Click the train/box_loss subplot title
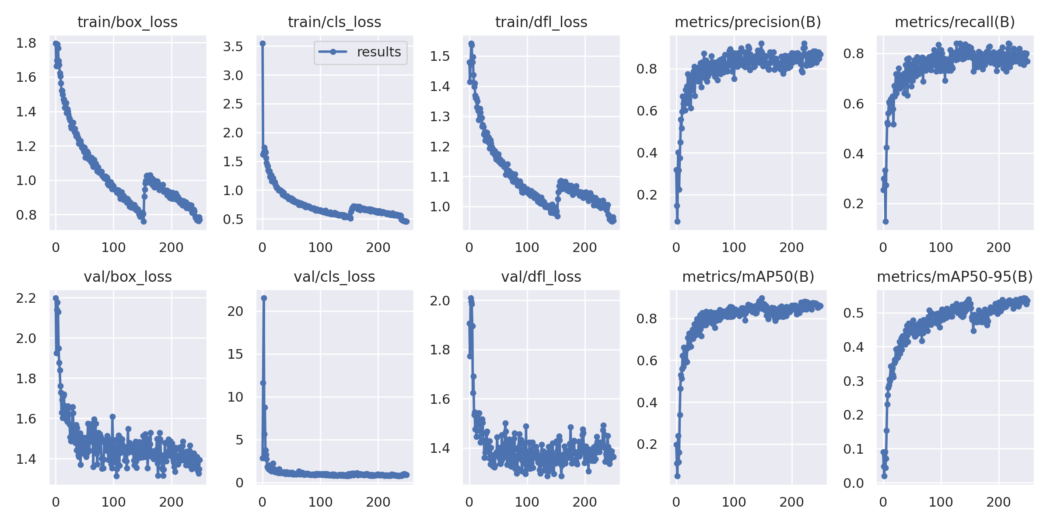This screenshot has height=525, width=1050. point(127,22)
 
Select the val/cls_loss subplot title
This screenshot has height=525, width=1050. point(334,276)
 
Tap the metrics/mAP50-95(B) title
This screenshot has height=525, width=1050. point(955,276)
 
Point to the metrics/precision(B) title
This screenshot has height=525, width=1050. point(748,22)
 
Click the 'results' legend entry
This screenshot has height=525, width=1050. point(378,52)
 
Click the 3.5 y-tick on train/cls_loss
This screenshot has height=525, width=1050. point(233,46)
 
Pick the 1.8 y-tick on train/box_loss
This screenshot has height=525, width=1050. point(26,43)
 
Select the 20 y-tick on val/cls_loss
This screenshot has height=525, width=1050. point(235,311)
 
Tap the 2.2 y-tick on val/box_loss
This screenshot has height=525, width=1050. point(26,298)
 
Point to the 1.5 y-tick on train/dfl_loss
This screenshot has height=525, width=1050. point(440,56)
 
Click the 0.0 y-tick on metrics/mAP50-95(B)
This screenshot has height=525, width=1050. point(854,483)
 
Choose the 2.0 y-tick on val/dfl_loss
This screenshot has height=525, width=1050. point(440,301)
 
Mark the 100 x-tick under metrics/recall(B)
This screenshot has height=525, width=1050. point(941,248)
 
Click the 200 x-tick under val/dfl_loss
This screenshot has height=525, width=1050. point(584,502)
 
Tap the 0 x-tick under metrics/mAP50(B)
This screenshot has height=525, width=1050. point(676,502)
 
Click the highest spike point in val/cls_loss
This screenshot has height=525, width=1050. point(264,298)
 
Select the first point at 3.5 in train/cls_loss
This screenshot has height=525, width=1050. point(262,43)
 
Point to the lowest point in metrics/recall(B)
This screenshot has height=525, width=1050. point(885,221)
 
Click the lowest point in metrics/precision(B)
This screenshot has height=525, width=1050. point(677,221)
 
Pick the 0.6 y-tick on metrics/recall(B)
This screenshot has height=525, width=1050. point(854,104)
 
